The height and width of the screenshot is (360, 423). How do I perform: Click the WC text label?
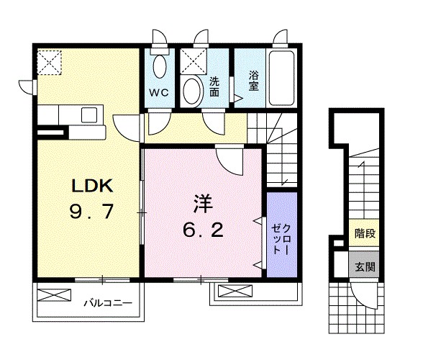coord(158,92)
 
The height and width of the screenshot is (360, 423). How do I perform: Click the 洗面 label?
coord(214,86)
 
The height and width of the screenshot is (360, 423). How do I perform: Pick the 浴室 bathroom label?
coord(253,80)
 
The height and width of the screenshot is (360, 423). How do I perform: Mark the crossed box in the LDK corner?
coord(50,62)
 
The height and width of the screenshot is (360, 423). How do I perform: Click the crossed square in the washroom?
coord(192,62)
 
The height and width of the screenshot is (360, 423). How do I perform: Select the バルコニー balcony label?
coord(106,303)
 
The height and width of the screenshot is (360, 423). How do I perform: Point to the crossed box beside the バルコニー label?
coord(54,294)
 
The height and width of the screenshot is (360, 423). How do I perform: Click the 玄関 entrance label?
coord(363,266)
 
